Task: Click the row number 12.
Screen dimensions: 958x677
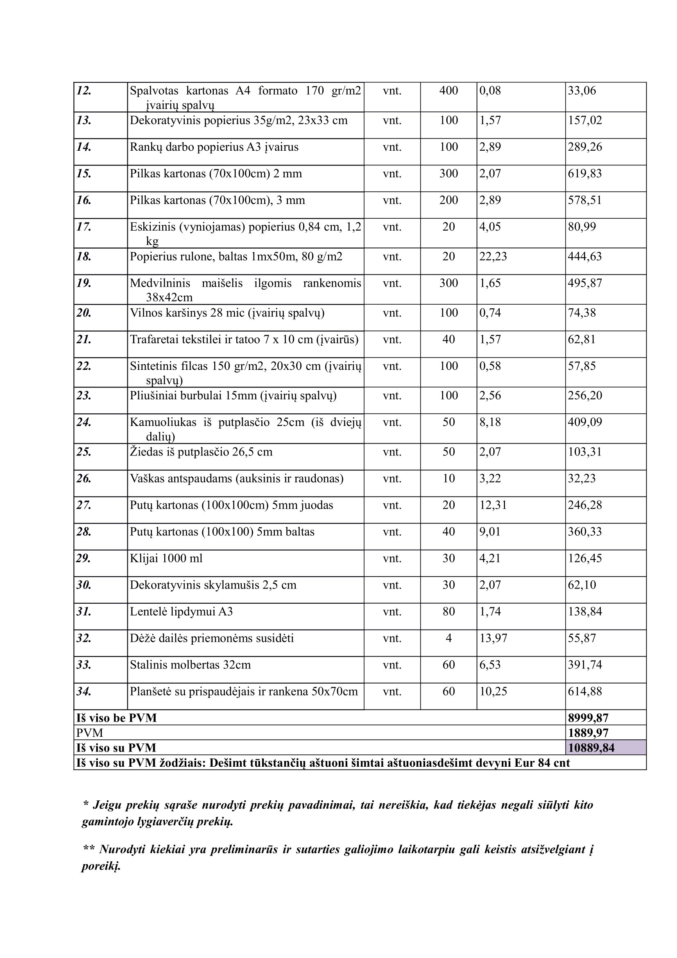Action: tap(84, 91)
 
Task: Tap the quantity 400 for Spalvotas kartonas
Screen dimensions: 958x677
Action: tap(448, 91)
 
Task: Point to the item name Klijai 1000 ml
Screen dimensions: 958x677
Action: tap(166, 558)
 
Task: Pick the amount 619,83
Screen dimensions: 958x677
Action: tap(584, 174)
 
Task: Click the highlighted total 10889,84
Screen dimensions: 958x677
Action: tap(591, 748)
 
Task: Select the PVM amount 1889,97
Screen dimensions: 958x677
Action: tap(588, 733)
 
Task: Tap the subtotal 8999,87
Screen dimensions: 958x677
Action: tap(588, 718)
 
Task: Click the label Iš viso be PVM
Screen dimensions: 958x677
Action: tap(116, 718)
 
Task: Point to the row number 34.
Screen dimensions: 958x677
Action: tap(84, 692)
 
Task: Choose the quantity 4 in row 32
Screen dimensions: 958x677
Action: tap(448, 639)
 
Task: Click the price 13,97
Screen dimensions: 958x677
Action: tap(493, 639)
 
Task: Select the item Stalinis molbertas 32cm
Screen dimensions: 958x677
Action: tap(190, 665)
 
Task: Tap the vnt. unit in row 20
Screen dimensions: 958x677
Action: tap(392, 313)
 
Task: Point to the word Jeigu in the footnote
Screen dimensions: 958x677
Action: tap(107, 805)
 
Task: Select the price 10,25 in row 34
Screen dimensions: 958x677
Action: tap(493, 692)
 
